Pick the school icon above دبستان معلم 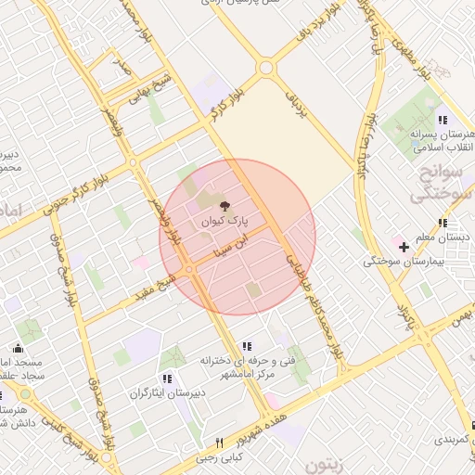tap(443, 223)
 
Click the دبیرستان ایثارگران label tap(168, 393)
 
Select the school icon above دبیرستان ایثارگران tap(167, 379)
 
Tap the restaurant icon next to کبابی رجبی tap(219, 443)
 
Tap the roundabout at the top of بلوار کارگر tap(267, 68)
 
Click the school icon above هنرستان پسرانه tap(443, 121)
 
